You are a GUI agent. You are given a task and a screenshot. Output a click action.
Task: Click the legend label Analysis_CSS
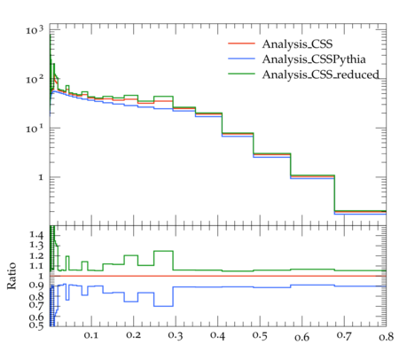tap(297, 44)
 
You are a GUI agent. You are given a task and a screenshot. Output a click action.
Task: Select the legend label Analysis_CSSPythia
tap(314, 59)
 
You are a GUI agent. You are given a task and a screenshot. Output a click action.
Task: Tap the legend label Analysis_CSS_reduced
tap(321, 74)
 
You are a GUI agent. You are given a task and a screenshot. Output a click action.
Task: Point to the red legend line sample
tap(241, 43)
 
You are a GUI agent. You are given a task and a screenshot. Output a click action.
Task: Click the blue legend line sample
tap(241, 59)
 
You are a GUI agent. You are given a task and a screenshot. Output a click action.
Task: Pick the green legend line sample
tap(241, 74)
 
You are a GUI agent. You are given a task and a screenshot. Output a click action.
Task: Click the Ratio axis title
tap(12, 276)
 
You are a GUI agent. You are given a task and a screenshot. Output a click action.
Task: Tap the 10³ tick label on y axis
tap(35, 30)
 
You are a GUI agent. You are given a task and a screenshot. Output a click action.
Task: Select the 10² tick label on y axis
tap(35, 79)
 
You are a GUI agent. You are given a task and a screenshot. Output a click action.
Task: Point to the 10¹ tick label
tap(35, 129)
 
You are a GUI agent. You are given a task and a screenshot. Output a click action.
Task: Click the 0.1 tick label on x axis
tap(90, 335)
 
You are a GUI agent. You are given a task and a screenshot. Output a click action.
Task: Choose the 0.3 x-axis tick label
tap(176, 335)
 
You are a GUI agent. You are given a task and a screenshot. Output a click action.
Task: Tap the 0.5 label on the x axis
tap(260, 335)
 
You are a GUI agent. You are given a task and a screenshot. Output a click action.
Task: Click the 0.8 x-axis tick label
tap(386, 337)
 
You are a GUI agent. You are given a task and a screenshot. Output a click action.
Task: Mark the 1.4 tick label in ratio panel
tap(36, 235)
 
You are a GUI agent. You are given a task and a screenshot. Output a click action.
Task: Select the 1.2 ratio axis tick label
tap(36, 256)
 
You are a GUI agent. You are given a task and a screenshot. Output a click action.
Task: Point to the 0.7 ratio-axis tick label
tap(36, 305)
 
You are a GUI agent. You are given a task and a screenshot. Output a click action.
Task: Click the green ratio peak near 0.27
tap(163, 251)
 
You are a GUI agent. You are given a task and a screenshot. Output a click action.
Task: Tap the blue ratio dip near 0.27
tap(163, 306)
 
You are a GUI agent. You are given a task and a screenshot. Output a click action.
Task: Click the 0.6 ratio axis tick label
tap(36, 317)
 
